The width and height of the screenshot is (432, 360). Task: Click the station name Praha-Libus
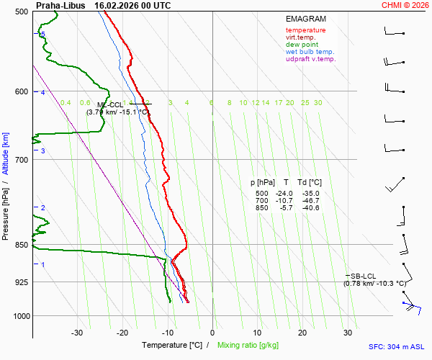pos(60,5)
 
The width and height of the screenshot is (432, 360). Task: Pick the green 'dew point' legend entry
pos(302,45)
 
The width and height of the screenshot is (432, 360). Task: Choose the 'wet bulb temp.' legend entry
pos(310,52)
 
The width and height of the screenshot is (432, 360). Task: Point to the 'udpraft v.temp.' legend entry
pos(310,59)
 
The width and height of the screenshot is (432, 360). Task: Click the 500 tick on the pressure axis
pos(21,12)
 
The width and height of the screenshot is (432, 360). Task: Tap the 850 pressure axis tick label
pos(21,245)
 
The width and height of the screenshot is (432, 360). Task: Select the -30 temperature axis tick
pos(77,333)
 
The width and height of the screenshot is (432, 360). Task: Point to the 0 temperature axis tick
pos(212,333)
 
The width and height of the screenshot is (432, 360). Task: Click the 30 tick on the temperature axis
pos(348,333)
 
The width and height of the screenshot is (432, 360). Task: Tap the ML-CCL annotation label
pos(110,104)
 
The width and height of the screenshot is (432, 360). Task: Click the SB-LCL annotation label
pos(363,276)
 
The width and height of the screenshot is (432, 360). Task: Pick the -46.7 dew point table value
pos(310,201)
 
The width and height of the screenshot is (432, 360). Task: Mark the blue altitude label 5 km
pos(42,34)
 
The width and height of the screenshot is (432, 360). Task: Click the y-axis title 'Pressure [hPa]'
pos(6,209)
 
